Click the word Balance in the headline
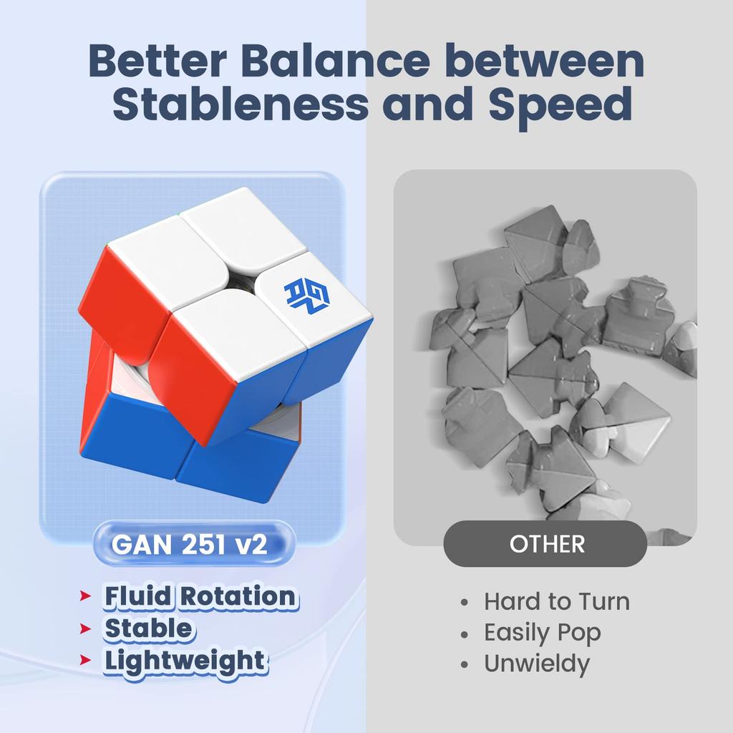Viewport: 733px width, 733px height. pos(335,60)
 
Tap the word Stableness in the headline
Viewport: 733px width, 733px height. pos(241,103)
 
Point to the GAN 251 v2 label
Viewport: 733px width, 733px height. pos(189,544)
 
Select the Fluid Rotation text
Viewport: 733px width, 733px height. pos(200,596)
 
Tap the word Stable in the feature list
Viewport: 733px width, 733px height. pos(148,628)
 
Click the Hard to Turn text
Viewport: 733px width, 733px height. pos(557,601)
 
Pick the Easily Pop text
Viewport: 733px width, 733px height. pos(543,634)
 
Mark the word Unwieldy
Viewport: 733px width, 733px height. pos(537,664)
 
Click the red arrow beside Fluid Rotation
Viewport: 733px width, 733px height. pos(85,596)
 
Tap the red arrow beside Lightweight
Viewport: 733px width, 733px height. pos(85,660)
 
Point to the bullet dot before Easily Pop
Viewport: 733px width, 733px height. pos(464,634)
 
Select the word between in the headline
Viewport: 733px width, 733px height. pos(544,60)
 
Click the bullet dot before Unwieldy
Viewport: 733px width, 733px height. pos(464,664)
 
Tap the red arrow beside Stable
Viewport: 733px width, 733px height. pos(85,628)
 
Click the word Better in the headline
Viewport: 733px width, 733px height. pos(157,60)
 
